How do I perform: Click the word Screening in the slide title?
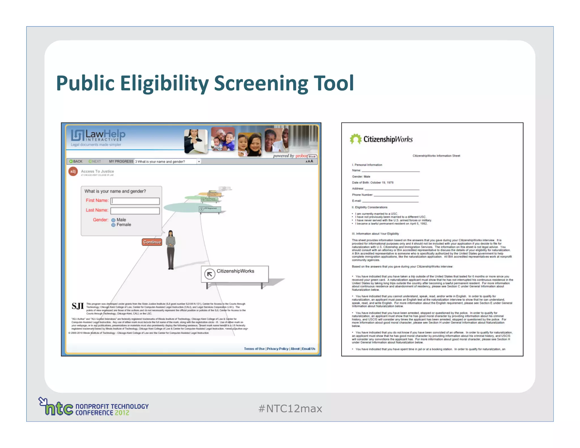tap(261, 84)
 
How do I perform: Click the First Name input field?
tap(135, 201)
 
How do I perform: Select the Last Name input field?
tap(135, 211)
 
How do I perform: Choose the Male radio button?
tap(113, 220)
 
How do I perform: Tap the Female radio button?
tap(113, 225)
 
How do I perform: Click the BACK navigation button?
tap(76, 161)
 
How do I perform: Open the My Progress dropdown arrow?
tap(199, 162)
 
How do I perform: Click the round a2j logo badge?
tap(73, 171)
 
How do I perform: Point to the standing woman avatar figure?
tap(170, 249)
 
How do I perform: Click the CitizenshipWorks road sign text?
tap(235, 271)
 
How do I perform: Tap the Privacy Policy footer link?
tap(278, 349)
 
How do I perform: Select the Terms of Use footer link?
tap(254, 349)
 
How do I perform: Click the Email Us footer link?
tap(308, 349)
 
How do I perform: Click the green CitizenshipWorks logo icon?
tap(355, 139)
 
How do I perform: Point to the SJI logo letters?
tap(78, 306)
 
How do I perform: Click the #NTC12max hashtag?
tap(290, 409)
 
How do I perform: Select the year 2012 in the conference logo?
tap(122, 413)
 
